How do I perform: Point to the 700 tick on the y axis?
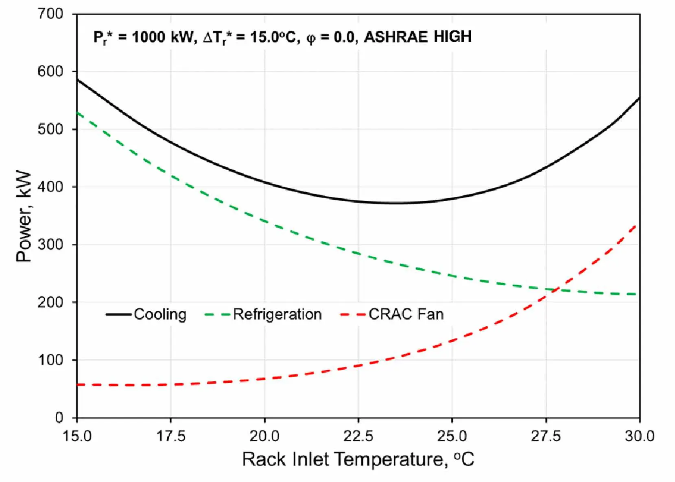click(x=50, y=14)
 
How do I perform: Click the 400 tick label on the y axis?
click(x=50, y=187)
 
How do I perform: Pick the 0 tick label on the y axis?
click(x=59, y=418)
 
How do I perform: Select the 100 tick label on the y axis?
click(x=50, y=360)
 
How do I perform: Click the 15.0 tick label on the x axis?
click(x=77, y=436)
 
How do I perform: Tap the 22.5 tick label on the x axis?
click(x=358, y=436)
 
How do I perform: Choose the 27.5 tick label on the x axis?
click(x=546, y=436)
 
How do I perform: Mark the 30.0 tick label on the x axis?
click(x=639, y=436)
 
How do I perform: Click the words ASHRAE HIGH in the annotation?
click(x=417, y=37)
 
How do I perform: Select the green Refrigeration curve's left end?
click(x=77, y=113)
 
